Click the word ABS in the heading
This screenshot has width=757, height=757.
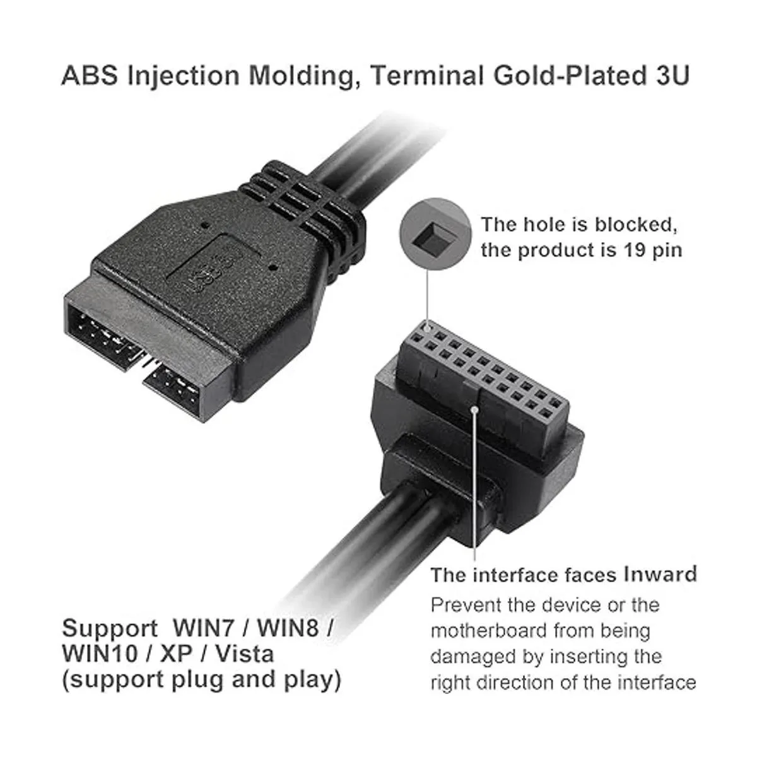pos(89,76)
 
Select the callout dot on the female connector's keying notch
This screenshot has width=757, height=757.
pos(474,408)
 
